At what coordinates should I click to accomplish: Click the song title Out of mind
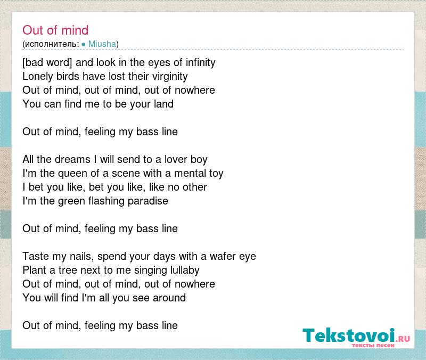(55, 30)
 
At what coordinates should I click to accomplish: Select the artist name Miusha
(102, 44)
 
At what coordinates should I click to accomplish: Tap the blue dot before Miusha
(84, 44)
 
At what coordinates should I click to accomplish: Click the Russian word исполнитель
(51, 44)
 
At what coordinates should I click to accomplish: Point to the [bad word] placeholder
(47, 62)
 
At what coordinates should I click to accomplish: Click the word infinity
(201, 62)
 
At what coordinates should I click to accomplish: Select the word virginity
(170, 76)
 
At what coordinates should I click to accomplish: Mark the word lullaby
(185, 270)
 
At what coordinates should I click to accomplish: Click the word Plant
(34, 270)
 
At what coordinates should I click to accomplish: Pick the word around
(169, 298)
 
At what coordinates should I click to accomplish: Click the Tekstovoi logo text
(349, 336)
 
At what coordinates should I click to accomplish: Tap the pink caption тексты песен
(373, 345)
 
